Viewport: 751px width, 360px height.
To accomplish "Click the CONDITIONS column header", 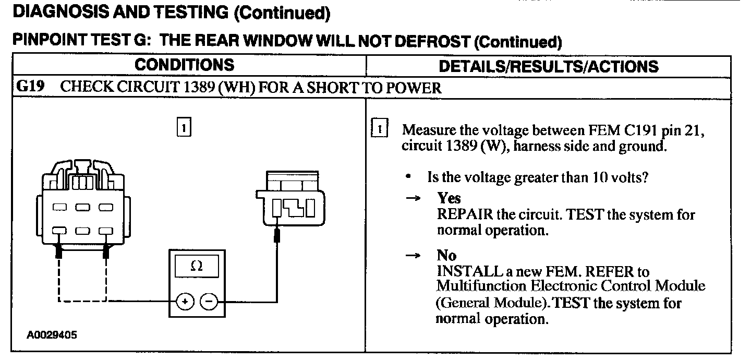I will (185, 65).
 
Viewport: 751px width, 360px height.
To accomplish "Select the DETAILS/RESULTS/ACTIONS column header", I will (549, 66).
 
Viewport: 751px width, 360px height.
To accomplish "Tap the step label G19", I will (29, 87).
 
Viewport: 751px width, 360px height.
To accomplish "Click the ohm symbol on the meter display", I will (197, 266).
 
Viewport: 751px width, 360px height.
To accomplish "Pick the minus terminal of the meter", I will (209, 302).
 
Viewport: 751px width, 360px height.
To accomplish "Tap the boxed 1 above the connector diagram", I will (184, 127).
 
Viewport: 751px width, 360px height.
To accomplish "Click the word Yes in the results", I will (449, 198).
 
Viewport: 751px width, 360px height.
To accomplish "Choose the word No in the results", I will (446, 256).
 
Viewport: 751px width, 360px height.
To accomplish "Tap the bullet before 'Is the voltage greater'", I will (408, 177).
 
